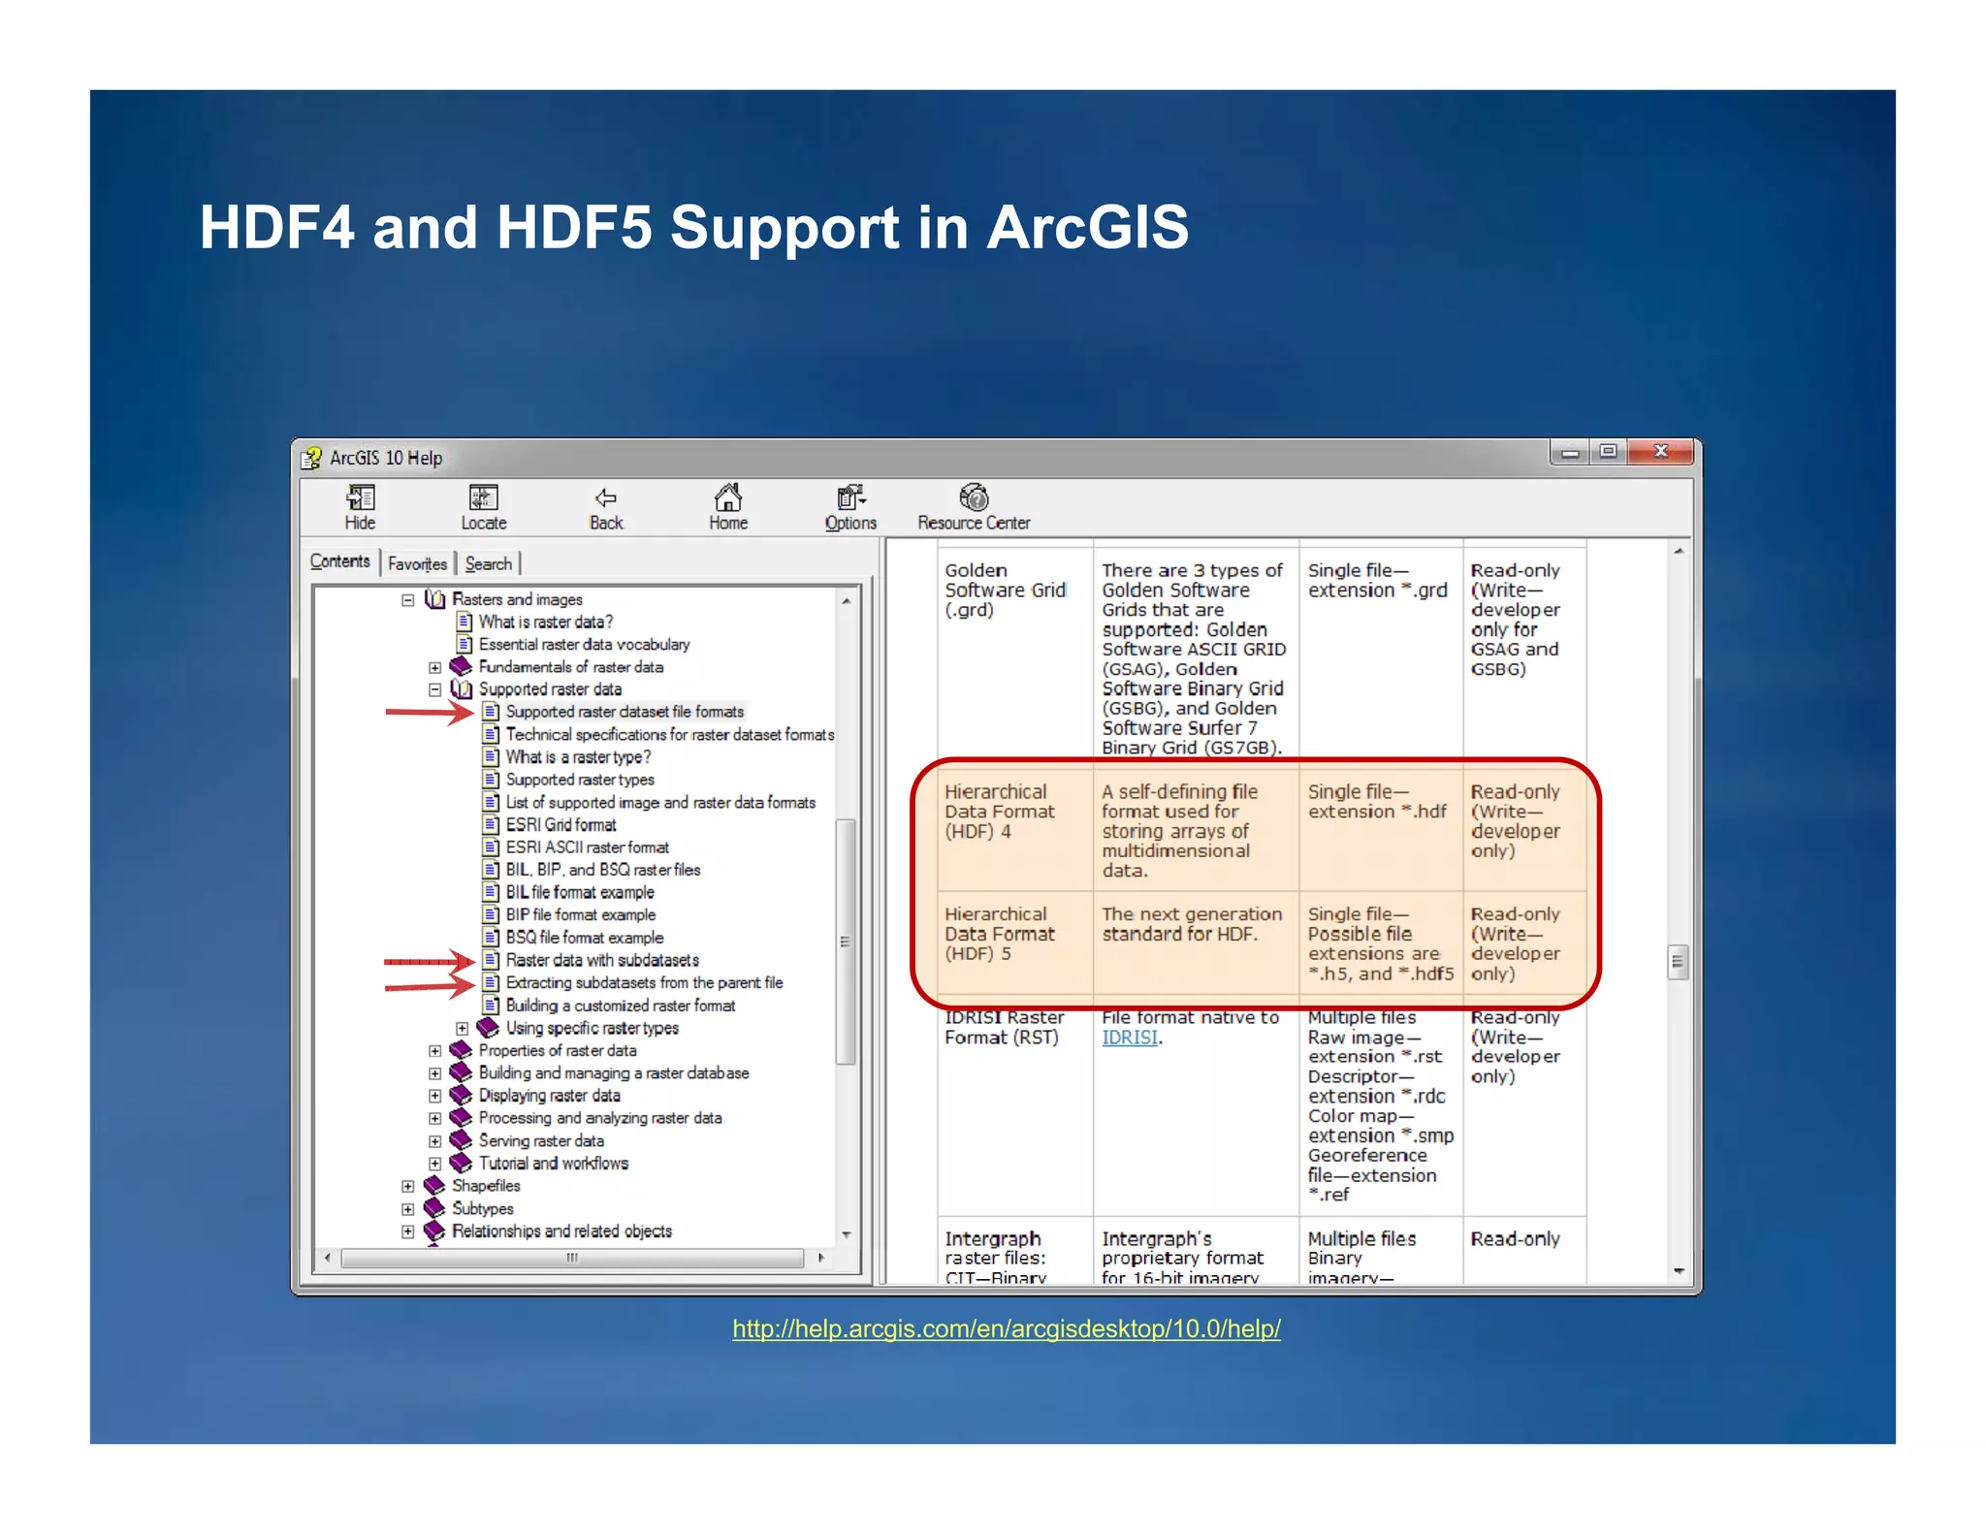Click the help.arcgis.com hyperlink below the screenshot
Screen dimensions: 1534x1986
pyautogui.click(x=1006, y=1328)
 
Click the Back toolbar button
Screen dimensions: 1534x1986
pyautogui.click(x=606, y=508)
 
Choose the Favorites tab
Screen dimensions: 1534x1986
pyautogui.click(x=417, y=563)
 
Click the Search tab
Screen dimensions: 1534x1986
pyautogui.click(x=488, y=563)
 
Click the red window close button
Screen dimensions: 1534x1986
pyautogui.click(x=1660, y=452)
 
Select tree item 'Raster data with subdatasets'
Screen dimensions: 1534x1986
pyautogui.click(x=601, y=960)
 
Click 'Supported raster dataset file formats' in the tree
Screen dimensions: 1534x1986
pyautogui.click(x=624, y=712)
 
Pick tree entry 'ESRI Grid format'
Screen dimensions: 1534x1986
pyautogui.click(x=561, y=825)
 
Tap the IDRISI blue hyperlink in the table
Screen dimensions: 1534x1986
pyautogui.click(x=1130, y=1038)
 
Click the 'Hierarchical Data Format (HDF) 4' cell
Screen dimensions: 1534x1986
pyautogui.click(x=999, y=812)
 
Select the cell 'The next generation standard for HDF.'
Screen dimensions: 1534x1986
pyautogui.click(x=1192, y=924)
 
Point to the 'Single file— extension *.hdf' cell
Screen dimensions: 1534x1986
pyautogui.click(x=1376, y=802)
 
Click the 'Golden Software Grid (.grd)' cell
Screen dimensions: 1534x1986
pyautogui.click(x=1005, y=590)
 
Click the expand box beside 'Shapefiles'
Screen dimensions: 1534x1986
pyautogui.click(x=408, y=1186)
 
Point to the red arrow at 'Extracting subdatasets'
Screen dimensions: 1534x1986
pyautogui.click(x=428, y=986)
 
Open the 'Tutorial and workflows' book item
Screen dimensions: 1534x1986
pyautogui.click(x=553, y=1164)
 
